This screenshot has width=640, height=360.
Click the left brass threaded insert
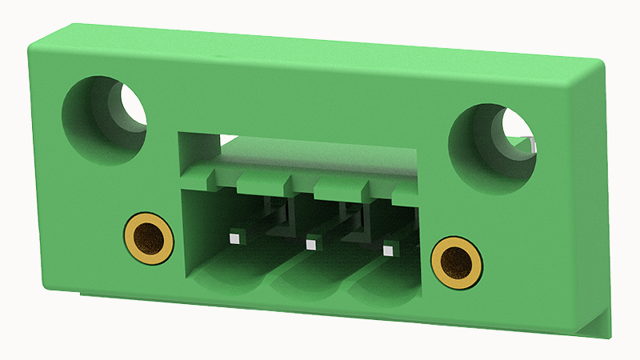[x=149, y=238]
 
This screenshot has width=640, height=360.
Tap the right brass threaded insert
[x=456, y=262]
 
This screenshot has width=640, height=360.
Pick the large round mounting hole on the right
[x=490, y=148]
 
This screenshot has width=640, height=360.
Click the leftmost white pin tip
[x=234, y=238]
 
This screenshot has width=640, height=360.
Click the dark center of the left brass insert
[x=149, y=238]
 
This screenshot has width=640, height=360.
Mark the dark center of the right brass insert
[x=456, y=262]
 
